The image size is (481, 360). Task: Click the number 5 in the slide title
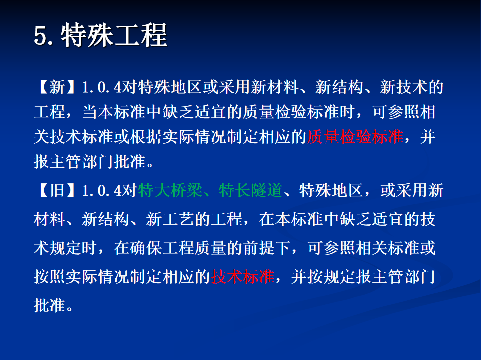[x=40, y=36]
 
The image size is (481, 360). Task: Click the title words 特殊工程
[x=114, y=35]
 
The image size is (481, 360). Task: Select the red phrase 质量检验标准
[x=355, y=137]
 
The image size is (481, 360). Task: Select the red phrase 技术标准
[x=243, y=277]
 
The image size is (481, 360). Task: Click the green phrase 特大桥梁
[x=170, y=190]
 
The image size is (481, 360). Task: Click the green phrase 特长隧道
[x=251, y=190]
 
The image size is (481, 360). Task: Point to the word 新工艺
[x=170, y=219]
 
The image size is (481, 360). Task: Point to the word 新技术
[x=404, y=87]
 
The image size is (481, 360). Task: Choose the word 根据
[x=146, y=137]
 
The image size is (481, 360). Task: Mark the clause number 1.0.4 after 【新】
[x=102, y=87]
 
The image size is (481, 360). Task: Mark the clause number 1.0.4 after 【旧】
[x=102, y=191]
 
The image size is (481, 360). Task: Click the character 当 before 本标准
[x=90, y=112]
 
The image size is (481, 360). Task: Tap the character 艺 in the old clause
[x=186, y=219]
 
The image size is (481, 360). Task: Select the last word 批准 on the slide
[x=49, y=305]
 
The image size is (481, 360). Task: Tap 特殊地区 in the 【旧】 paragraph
[x=331, y=190]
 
